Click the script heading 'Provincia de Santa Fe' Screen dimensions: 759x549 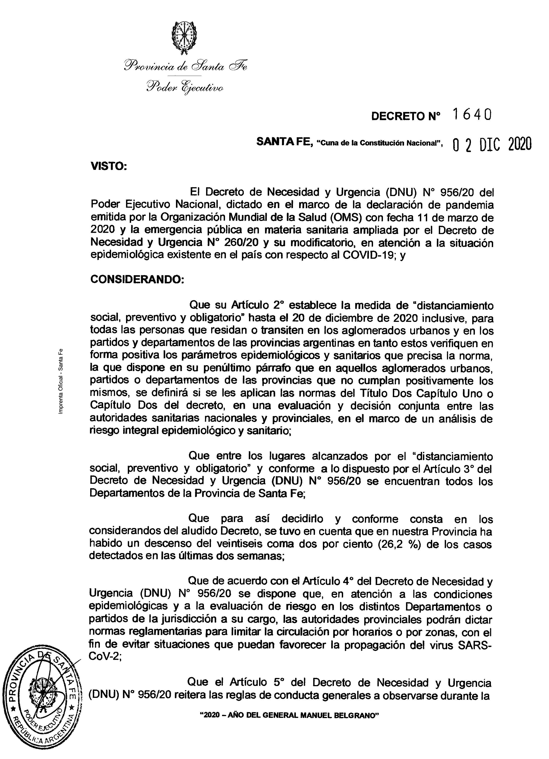[186, 66]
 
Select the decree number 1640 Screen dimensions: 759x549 [472, 115]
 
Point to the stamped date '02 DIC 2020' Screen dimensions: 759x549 [492, 145]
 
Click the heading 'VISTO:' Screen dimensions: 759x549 [109, 166]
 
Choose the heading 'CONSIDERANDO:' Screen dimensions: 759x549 [137, 279]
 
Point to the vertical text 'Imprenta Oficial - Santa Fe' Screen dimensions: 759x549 [60, 380]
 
